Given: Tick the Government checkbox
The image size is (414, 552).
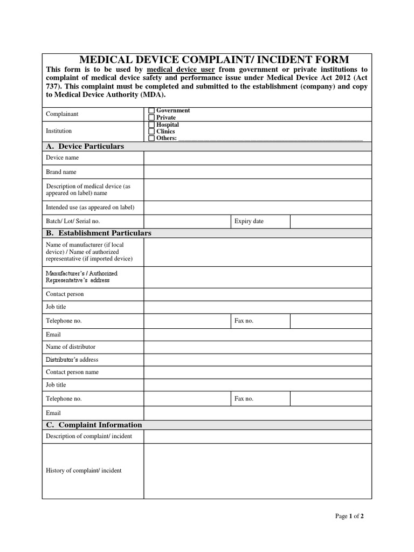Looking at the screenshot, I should click(x=151, y=111).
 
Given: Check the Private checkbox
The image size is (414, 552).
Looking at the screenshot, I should click(x=151, y=118).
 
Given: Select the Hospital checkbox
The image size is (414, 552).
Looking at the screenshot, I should click(x=151, y=125).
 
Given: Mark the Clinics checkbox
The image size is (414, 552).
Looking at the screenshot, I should click(x=151, y=131).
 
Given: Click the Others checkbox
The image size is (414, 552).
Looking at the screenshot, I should click(x=151, y=138).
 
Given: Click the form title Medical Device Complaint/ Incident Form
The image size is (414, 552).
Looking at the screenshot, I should click(x=214, y=59).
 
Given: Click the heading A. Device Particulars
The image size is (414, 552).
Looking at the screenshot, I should click(x=85, y=147).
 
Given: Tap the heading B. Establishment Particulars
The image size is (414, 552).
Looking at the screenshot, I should click(x=99, y=233).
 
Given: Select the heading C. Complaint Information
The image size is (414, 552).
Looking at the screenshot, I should click(x=94, y=425).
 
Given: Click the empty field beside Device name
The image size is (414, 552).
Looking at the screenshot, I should click(x=257, y=158).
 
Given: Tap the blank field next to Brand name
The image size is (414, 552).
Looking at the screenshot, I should click(x=257, y=172).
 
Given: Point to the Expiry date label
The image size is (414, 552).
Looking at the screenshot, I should click(x=249, y=221).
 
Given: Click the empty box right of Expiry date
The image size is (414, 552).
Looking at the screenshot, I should click(x=330, y=221).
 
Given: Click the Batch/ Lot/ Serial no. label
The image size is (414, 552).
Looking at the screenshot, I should click(x=73, y=221).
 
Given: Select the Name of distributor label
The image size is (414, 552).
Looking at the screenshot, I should click(x=71, y=347).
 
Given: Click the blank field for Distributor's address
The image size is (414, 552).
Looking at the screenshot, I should click(x=257, y=360).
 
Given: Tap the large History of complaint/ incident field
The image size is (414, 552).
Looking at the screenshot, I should click(x=257, y=471).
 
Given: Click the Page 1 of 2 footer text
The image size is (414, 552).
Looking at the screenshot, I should click(x=349, y=516).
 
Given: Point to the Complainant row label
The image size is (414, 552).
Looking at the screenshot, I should click(x=62, y=114).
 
